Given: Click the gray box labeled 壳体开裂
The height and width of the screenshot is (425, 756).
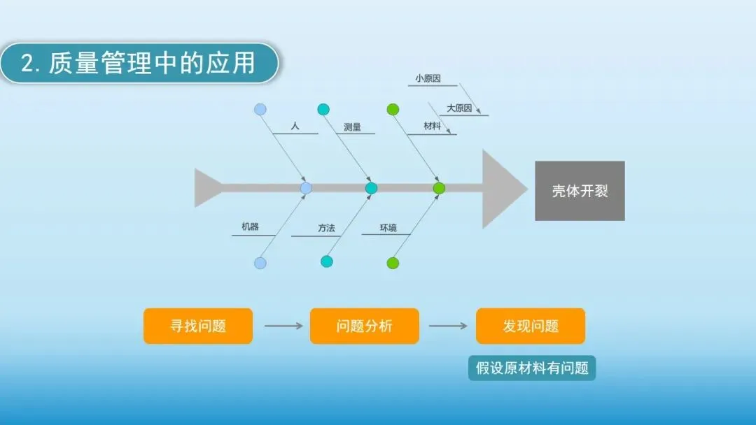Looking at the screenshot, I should click(x=580, y=191).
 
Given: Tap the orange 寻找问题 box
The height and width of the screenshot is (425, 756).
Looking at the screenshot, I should click(x=198, y=326).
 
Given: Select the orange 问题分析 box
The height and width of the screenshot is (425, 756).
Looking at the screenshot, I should click(x=364, y=326).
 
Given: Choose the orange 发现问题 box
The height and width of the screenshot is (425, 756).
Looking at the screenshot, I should click(x=531, y=326).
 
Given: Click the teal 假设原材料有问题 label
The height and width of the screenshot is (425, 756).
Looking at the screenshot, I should click(x=532, y=368).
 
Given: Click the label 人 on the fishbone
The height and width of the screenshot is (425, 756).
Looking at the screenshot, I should click(x=295, y=127).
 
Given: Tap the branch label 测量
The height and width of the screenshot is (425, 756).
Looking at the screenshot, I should click(x=353, y=127).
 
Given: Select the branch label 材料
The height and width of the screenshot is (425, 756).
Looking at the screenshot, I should click(x=433, y=127).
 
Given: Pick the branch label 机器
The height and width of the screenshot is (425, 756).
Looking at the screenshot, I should click(x=250, y=226).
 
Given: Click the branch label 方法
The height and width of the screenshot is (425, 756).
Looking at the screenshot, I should click(x=327, y=228).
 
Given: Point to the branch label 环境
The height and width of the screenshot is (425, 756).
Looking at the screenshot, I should click(x=388, y=228).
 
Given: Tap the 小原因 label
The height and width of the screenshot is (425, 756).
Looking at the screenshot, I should click(x=428, y=79).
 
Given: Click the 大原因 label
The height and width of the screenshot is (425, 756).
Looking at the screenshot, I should click(x=459, y=108).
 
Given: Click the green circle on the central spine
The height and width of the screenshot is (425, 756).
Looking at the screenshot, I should click(x=439, y=188).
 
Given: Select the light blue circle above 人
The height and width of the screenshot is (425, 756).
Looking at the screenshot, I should click(x=260, y=109).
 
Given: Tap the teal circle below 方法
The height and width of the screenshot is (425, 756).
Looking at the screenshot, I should click(x=327, y=261).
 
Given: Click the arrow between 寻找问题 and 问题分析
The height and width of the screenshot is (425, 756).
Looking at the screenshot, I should click(x=283, y=326).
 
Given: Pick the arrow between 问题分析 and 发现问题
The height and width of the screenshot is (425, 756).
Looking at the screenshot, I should click(x=448, y=326).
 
